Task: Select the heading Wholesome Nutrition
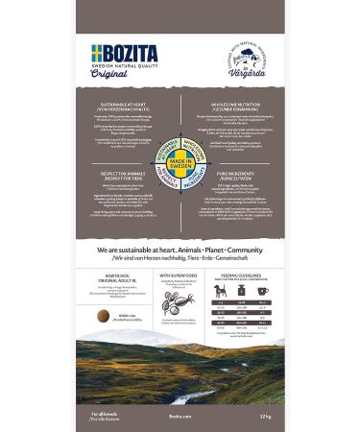pos(236,106)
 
